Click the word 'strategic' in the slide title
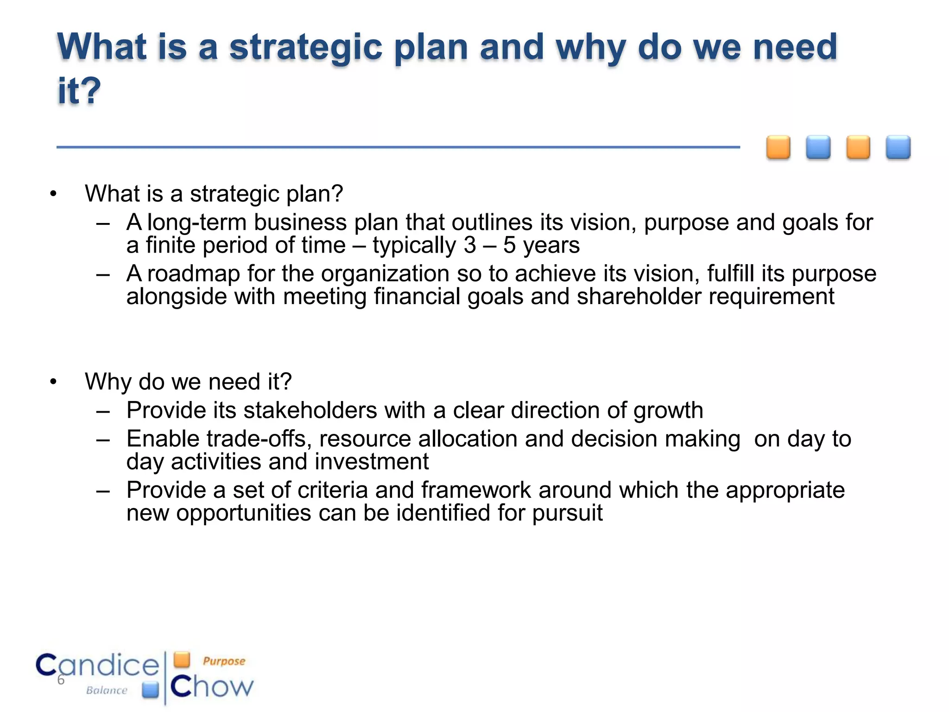click(306, 48)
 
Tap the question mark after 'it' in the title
click(92, 90)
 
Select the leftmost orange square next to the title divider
click(778, 147)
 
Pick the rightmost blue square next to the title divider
click(898, 147)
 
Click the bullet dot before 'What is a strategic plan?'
click(53, 194)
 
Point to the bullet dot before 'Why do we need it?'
click(53, 382)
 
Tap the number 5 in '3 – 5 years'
click(509, 245)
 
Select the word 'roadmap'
click(193, 274)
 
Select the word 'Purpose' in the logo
click(224, 661)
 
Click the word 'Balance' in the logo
click(107, 691)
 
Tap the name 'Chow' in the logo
click(212, 687)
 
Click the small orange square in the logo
click(182, 659)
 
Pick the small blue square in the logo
click(150, 690)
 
